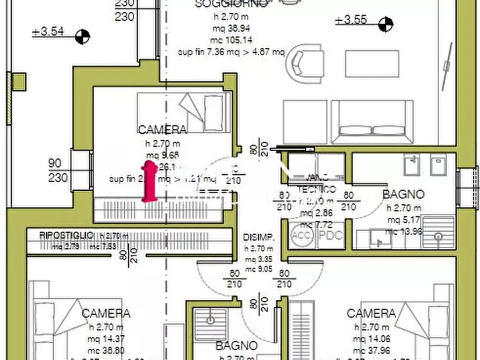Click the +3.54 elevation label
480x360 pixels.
(48, 32)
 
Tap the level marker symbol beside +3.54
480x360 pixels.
(82, 37)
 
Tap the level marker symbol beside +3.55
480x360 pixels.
(385, 24)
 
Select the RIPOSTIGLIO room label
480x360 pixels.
(66, 235)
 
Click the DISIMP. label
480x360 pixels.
(259, 237)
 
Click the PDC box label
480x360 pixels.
(331, 235)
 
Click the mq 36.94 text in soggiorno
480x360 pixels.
(232, 28)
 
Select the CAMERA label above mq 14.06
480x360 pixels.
(371, 313)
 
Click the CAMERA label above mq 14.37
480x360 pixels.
(106, 313)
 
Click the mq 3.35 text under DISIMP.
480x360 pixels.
(259, 258)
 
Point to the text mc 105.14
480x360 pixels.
(232, 40)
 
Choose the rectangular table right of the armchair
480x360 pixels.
(372, 64)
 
